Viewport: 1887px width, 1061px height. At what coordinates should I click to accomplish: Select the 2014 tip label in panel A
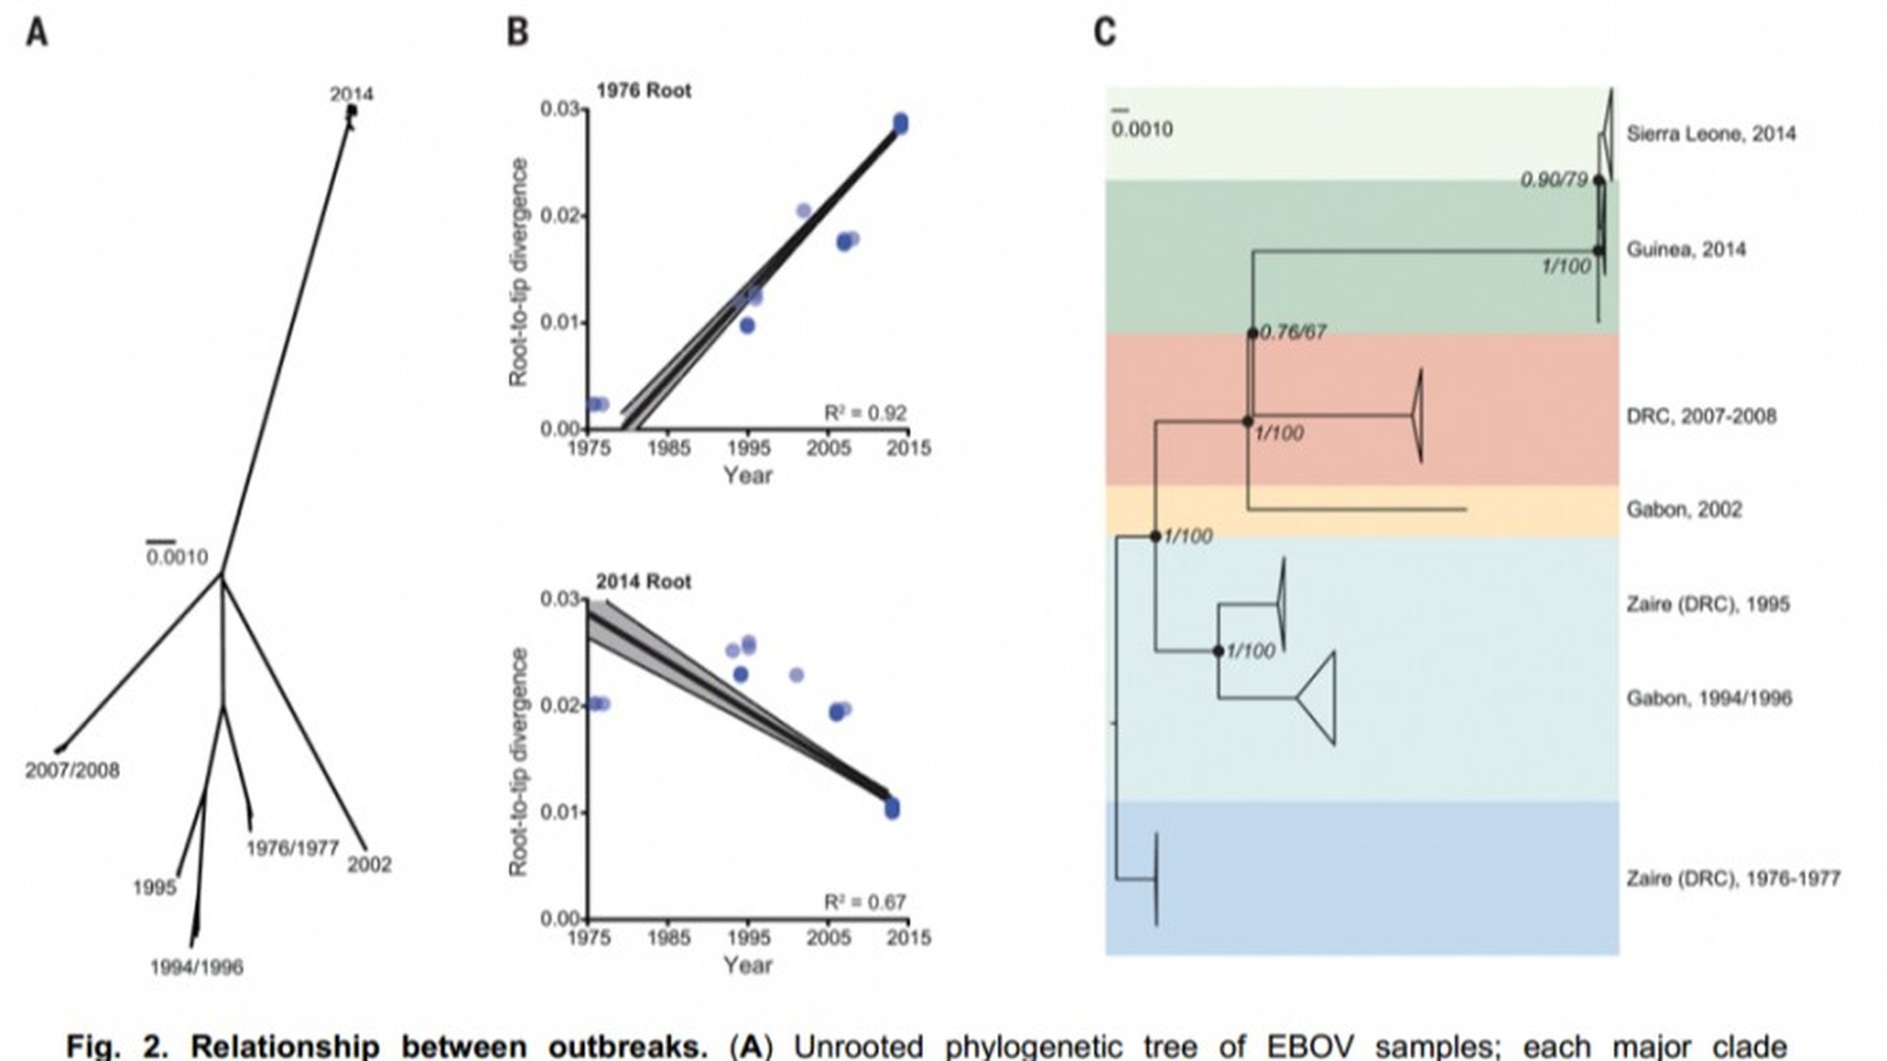(x=351, y=93)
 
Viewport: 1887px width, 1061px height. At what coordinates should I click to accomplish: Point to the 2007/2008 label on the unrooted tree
(x=73, y=770)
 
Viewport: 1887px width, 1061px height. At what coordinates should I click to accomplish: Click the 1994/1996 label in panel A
(x=196, y=967)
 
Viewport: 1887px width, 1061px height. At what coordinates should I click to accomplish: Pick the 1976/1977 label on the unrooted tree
(x=292, y=848)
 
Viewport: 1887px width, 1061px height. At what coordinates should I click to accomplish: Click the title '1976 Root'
(x=643, y=91)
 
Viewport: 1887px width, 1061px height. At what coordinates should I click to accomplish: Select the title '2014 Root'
(x=643, y=581)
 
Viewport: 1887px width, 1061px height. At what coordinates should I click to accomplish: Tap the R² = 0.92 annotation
(x=865, y=413)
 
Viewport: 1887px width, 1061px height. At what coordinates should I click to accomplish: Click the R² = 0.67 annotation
(x=865, y=902)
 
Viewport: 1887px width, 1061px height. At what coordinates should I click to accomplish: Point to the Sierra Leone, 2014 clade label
(x=1711, y=134)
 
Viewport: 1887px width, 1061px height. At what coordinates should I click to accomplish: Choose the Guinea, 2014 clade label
(x=1686, y=249)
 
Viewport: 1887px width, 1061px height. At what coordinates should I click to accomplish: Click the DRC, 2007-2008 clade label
(x=1701, y=416)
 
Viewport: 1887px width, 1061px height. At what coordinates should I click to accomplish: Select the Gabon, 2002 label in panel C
(x=1684, y=510)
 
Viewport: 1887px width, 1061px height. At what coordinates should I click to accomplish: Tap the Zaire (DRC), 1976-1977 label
(x=1733, y=879)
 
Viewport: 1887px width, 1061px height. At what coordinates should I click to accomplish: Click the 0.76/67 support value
(x=1293, y=332)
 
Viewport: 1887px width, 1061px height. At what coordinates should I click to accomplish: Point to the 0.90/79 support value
(x=1554, y=179)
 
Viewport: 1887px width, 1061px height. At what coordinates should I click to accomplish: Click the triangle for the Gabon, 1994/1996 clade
(x=1319, y=698)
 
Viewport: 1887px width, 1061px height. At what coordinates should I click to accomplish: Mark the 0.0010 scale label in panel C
(x=1142, y=129)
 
